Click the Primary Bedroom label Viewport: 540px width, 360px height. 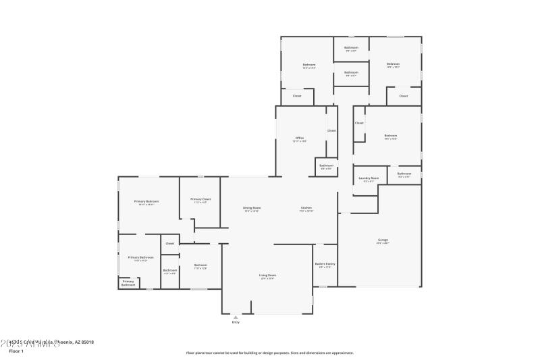(146, 201)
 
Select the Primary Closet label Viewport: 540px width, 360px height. (200, 199)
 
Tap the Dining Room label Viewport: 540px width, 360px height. (252, 207)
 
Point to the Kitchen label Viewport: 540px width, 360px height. (306, 207)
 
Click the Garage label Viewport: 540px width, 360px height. (383, 239)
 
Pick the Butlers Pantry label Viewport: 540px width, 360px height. (325, 263)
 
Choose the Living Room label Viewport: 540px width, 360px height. (267, 275)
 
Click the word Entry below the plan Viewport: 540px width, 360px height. (236, 322)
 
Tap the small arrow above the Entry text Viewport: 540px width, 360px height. (236, 317)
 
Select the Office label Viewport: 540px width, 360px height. (299, 138)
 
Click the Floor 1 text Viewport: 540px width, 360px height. (16, 351)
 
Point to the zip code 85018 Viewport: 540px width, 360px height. (87, 342)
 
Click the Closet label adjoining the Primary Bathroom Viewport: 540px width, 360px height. (170, 243)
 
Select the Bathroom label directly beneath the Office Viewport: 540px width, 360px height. (327, 165)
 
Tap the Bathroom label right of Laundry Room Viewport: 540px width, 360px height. (404, 174)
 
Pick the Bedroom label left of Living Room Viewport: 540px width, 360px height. (200, 265)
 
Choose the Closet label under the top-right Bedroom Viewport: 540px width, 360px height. (404, 96)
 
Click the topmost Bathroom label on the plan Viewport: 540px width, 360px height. (351, 47)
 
